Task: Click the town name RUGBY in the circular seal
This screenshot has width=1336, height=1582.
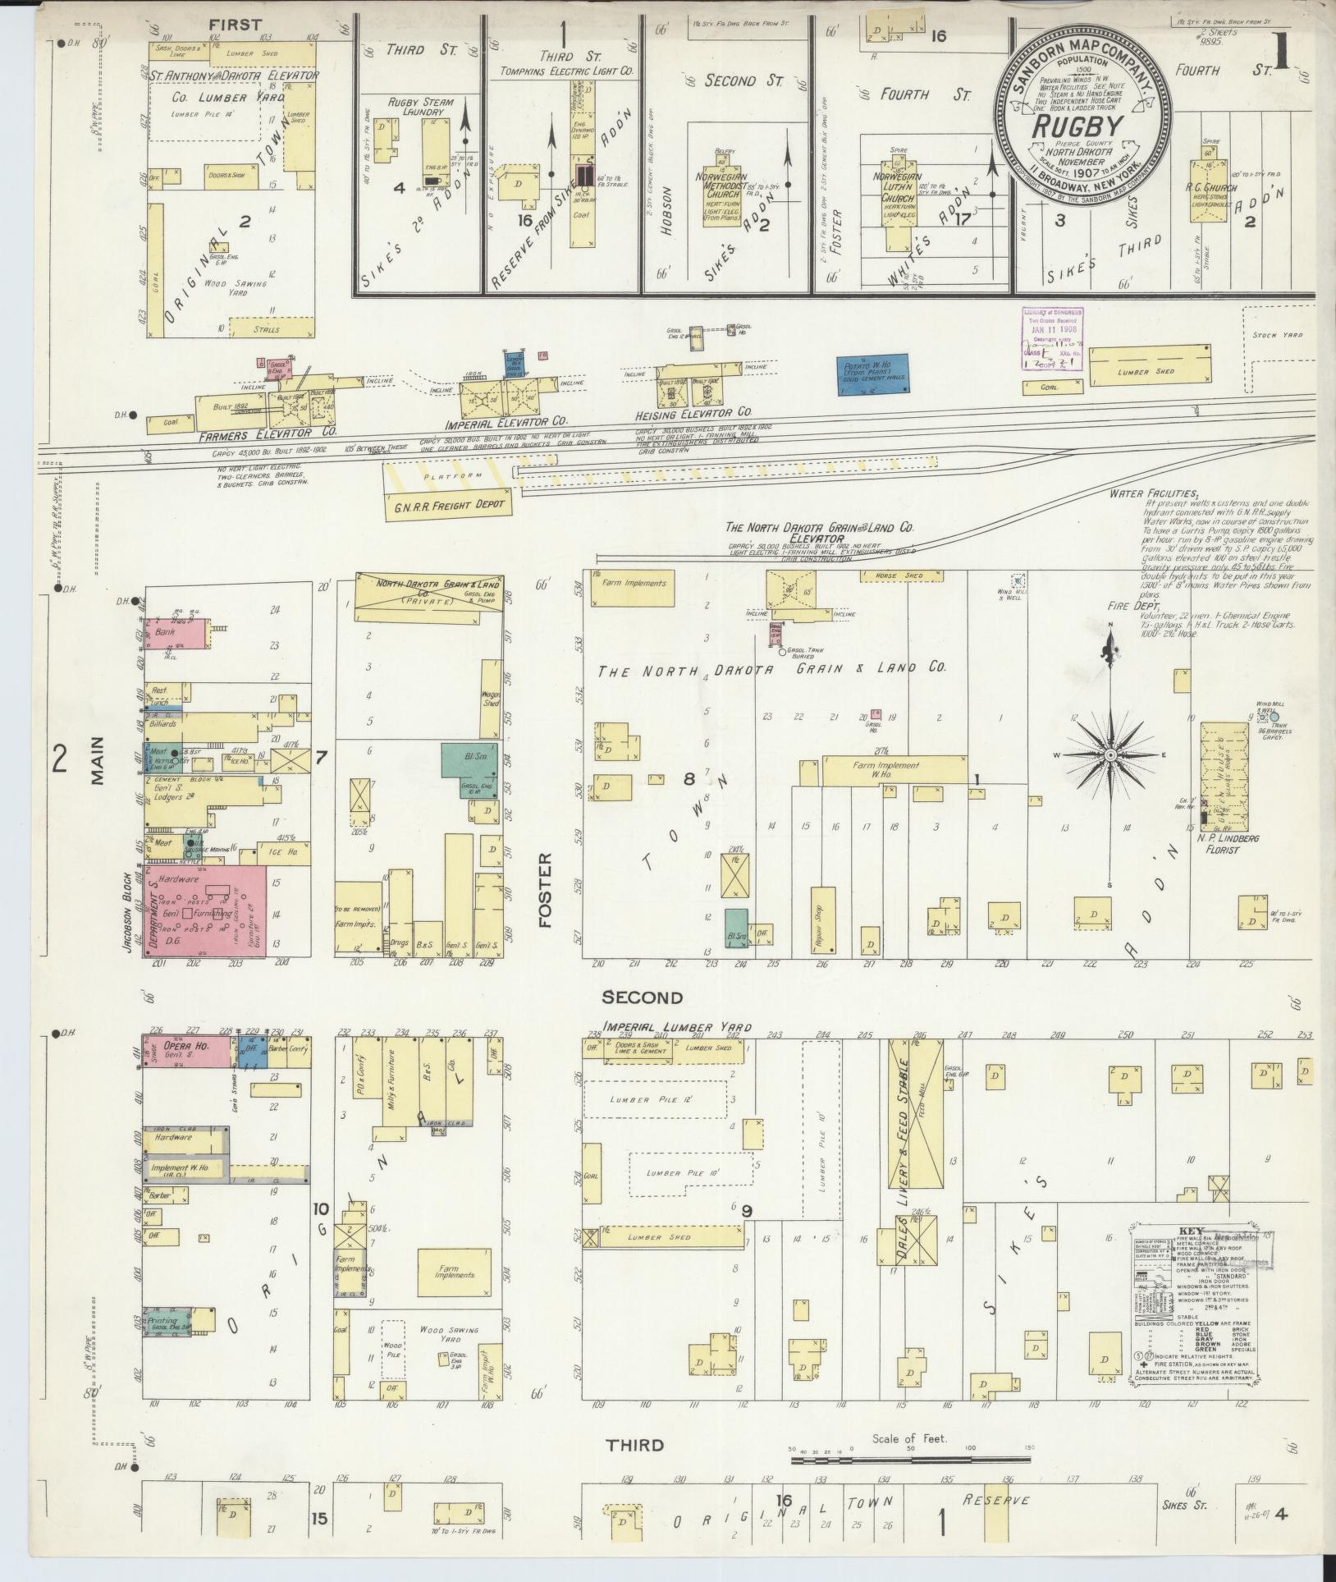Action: tap(1077, 127)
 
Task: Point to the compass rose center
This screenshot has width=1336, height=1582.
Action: tap(1110, 754)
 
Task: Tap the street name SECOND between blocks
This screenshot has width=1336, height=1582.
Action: tap(642, 997)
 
